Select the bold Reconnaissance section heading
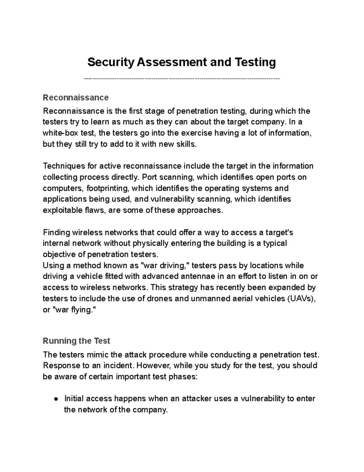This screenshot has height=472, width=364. point(76,98)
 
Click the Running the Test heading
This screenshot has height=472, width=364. point(76,341)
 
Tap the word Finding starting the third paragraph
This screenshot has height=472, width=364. point(56,233)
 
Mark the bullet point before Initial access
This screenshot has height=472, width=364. point(56,399)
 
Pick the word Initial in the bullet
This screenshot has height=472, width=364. point(74,398)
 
